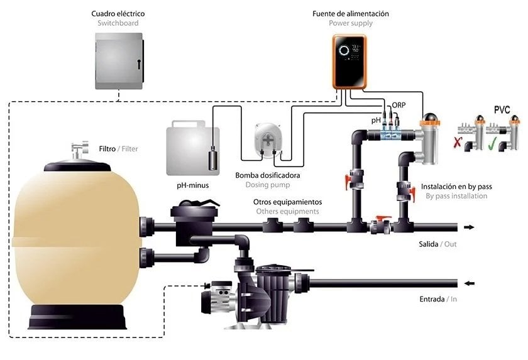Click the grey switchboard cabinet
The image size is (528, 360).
tap(118, 60)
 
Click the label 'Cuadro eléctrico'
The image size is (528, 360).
tap(118, 14)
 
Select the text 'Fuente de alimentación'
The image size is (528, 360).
tap(350, 14)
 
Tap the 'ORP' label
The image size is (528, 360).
tap(398, 105)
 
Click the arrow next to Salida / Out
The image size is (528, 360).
tap(468, 227)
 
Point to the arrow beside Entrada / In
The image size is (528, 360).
tap(468, 283)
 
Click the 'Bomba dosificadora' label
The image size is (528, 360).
tap(267, 175)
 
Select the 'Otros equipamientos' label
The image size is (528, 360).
tap(287, 202)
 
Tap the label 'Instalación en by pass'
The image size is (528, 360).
tap(456, 187)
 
